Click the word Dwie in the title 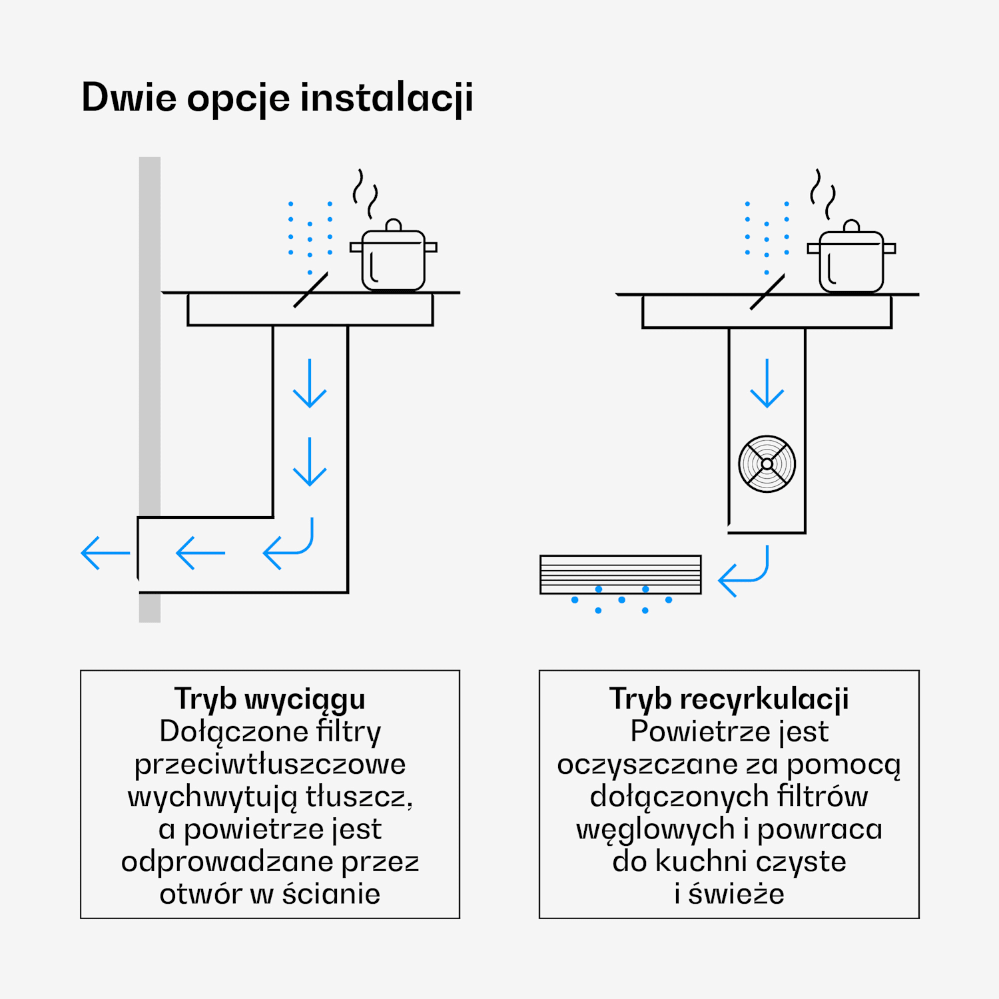(x=129, y=98)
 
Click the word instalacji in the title (x=386, y=98)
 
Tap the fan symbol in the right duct (x=767, y=464)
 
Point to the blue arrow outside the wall (x=105, y=553)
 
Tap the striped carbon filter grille (x=620, y=573)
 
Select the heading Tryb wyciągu (x=270, y=699)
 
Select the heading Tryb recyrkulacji (x=729, y=699)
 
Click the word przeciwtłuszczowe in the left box (x=270, y=764)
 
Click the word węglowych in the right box (x=655, y=830)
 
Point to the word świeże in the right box (x=736, y=894)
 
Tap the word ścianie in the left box (x=331, y=894)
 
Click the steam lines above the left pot (x=365, y=193)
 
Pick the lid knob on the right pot (x=851, y=226)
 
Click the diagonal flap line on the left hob (x=310, y=290)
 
